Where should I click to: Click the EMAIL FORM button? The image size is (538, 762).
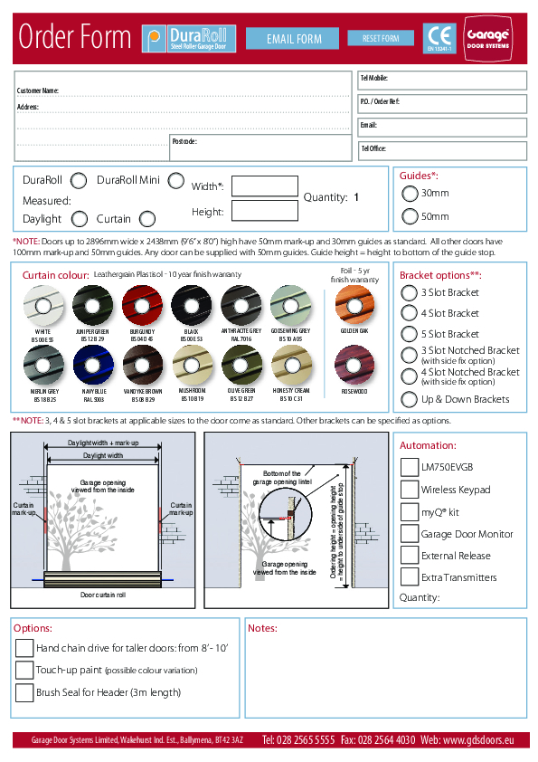point(295,39)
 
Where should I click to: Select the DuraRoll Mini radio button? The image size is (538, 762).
point(175,181)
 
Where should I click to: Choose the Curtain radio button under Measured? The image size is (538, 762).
point(147,218)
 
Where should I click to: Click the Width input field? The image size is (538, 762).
point(265,186)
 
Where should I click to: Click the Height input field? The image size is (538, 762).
point(265,211)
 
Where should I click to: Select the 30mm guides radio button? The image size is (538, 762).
point(410,193)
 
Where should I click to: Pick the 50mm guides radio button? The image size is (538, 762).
point(410,216)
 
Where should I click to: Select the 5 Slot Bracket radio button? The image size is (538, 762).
point(410,334)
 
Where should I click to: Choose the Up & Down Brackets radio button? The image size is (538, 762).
point(410,399)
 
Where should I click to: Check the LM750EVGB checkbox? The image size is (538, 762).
point(409,467)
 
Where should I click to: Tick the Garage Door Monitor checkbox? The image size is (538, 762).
point(409,534)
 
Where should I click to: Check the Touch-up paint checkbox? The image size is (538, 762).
point(24,670)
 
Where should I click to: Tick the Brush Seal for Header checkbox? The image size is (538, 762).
point(24,692)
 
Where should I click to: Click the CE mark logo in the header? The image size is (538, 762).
point(440,37)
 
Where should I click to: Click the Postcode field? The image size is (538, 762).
point(260,149)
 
